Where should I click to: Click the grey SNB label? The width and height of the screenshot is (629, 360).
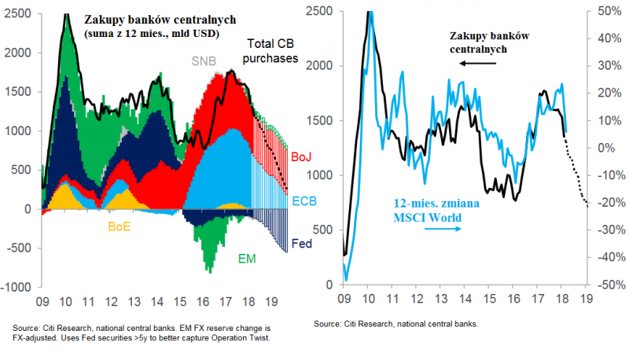204,61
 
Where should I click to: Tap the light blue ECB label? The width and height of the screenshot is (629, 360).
303,202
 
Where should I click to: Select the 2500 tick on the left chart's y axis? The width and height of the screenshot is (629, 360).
20,13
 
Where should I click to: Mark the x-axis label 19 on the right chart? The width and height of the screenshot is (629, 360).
586,299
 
